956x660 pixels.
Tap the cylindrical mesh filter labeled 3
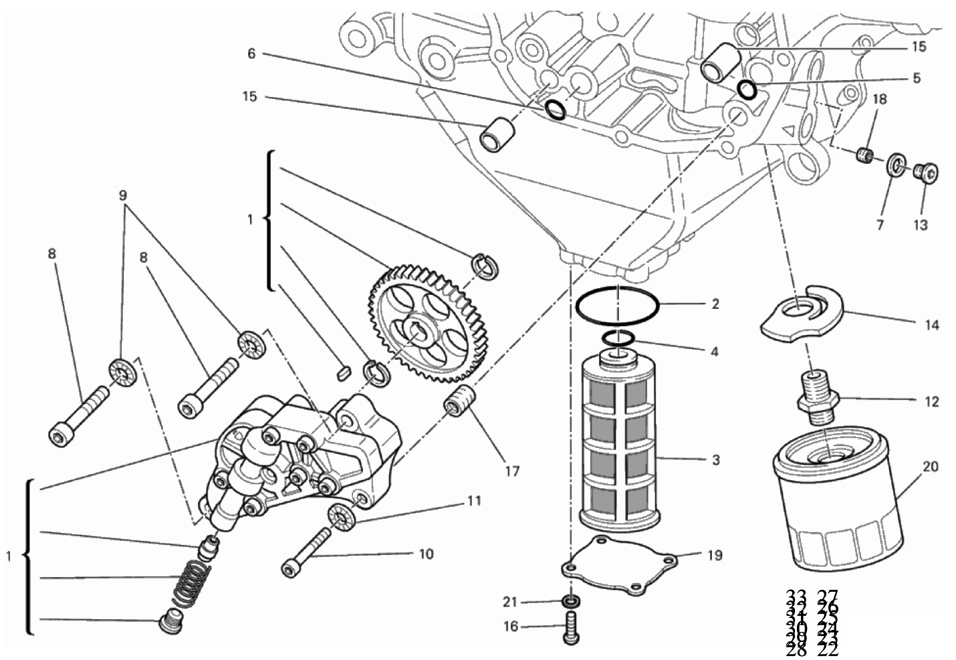coord(619,442)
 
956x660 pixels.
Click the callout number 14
coord(931,325)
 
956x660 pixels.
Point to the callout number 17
coord(511,471)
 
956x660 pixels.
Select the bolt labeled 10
coord(308,551)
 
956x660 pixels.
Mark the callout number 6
coord(251,53)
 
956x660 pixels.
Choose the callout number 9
coord(122,195)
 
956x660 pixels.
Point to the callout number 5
coord(916,78)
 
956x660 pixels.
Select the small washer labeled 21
coord(570,602)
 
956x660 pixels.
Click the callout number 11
coord(474,500)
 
